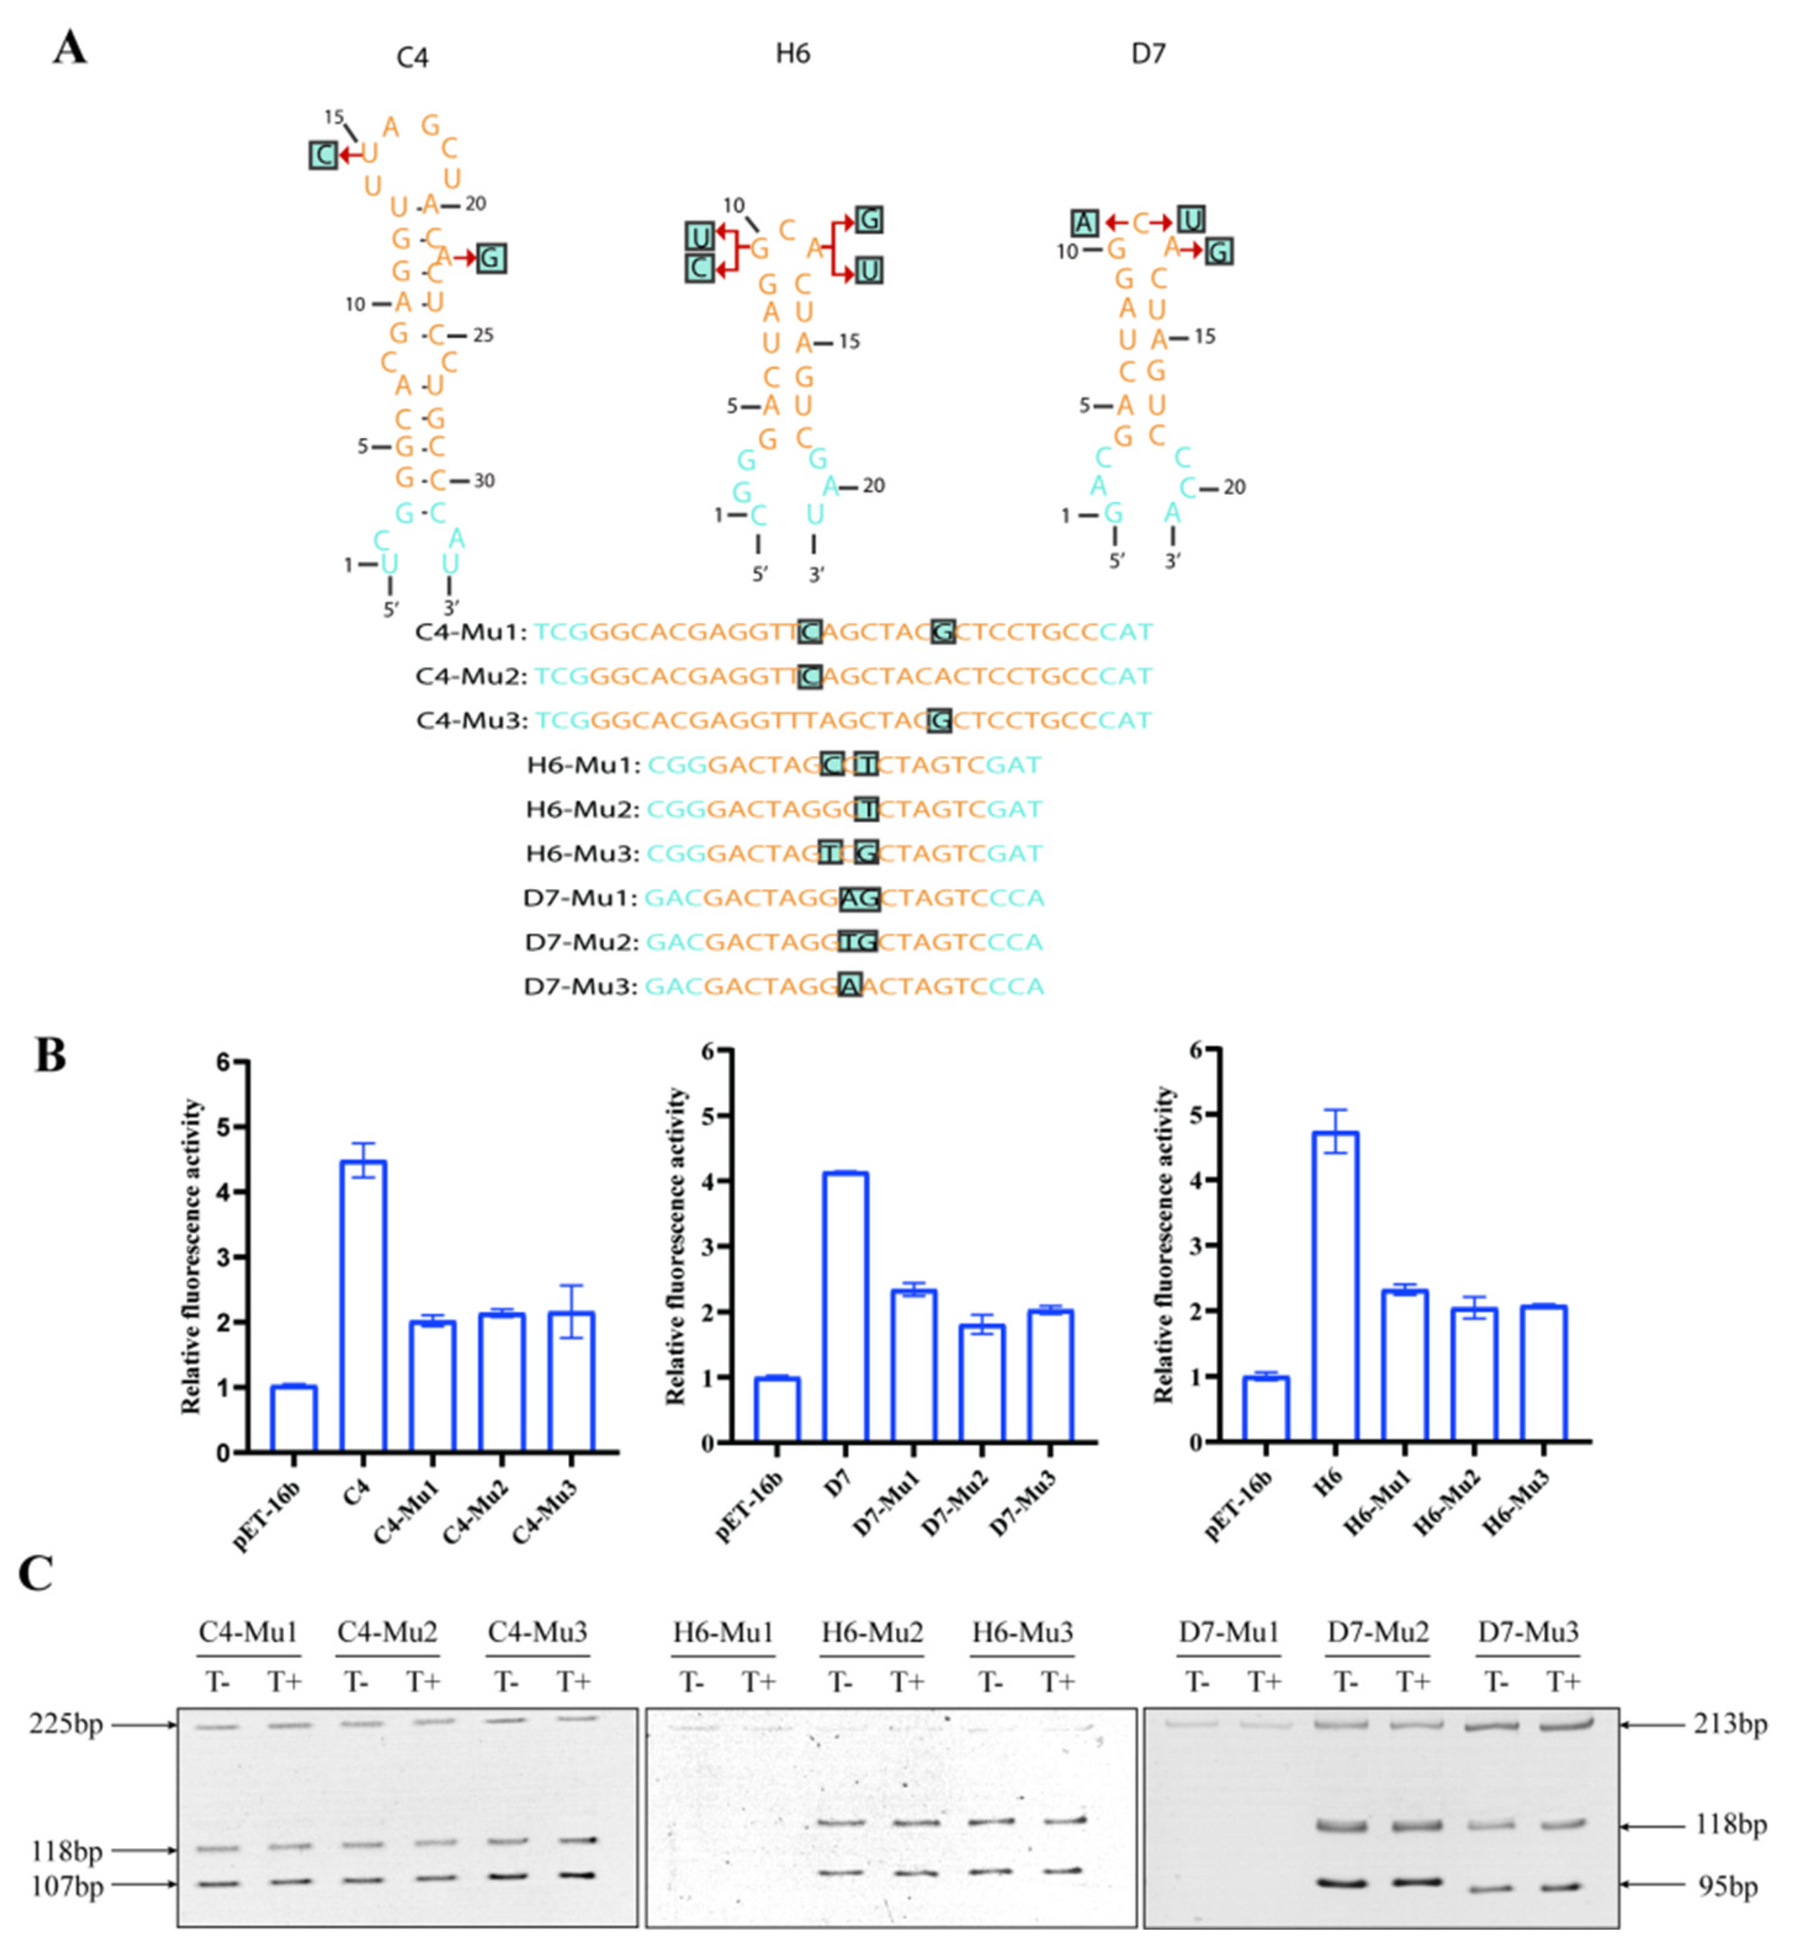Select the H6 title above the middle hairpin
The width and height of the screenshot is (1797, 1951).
click(x=792, y=54)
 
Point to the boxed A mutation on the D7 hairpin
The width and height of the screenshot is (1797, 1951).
click(x=1085, y=223)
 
